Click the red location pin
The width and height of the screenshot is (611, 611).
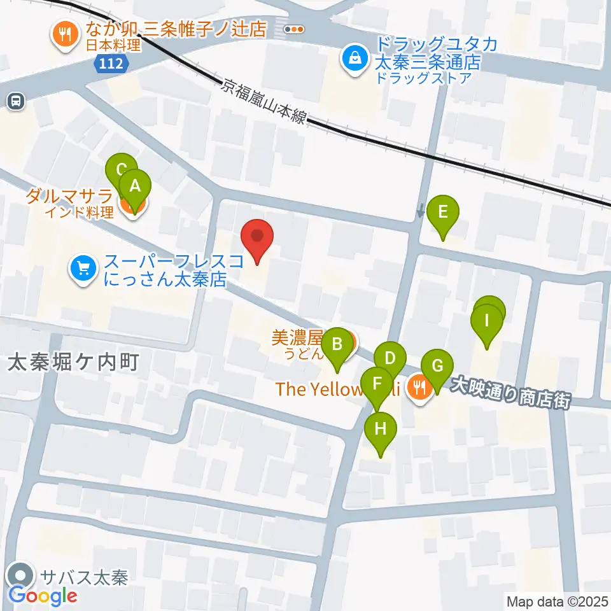click(258, 238)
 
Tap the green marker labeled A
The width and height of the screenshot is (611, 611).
click(135, 186)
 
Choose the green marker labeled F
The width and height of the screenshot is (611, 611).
click(377, 384)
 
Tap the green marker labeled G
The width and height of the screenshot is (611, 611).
click(437, 367)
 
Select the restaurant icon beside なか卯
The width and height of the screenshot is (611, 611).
click(64, 34)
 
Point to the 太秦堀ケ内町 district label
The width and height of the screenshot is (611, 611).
click(73, 362)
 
